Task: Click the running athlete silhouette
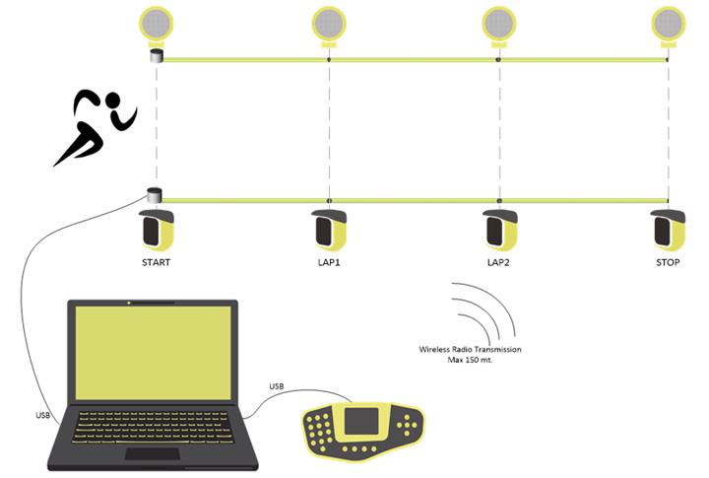[x=95, y=127]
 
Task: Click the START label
[x=157, y=263]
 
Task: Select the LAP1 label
[x=330, y=263]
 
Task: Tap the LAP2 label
[x=500, y=263]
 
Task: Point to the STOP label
[x=669, y=263]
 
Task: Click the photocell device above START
[x=157, y=231]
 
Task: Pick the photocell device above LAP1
[x=330, y=231]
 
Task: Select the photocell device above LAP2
[x=500, y=231]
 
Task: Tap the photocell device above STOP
[x=669, y=231]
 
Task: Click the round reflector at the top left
[x=156, y=23]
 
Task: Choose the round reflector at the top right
[x=669, y=23]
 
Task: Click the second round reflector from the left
[x=328, y=23]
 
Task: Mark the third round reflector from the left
[x=498, y=23]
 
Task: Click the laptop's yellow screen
[x=152, y=352]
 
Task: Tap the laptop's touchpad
[x=152, y=453]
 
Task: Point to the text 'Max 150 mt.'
[x=470, y=361]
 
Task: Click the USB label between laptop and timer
[x=276, y=385]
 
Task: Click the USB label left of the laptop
[x=42, y=415]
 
